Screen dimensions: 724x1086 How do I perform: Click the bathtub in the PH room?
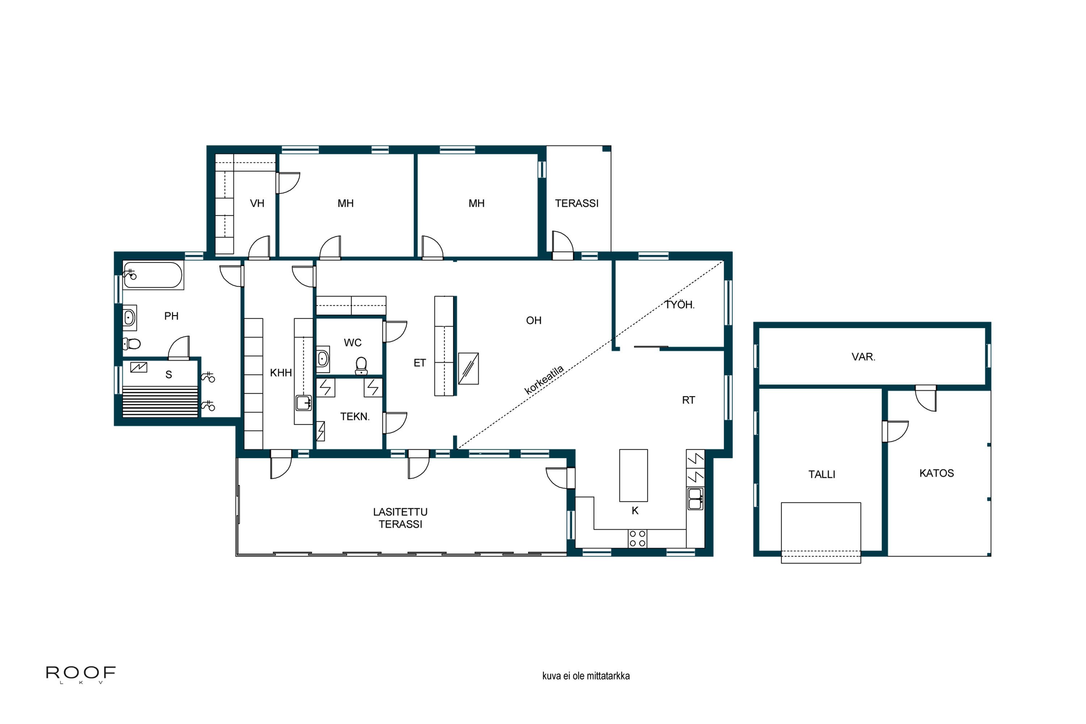[x=153, y=275]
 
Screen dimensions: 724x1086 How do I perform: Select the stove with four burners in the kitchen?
[x=637, y=538]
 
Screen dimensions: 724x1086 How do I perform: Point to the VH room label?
[x=257, y=203]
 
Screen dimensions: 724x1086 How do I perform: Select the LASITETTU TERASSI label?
[x=400, y=518]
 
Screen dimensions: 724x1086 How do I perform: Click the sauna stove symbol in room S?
[x=139, y=367]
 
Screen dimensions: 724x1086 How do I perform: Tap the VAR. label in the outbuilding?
[x=863, y=357]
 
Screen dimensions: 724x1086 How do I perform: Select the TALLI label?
[x=821, y=474]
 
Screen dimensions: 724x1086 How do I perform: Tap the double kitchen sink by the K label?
[x=695, y=499]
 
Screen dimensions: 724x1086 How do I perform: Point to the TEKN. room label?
[x=355, y=417]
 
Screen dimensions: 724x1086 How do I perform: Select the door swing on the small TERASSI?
[x=563, y=243]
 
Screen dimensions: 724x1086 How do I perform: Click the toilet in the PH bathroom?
[x=132, y=344]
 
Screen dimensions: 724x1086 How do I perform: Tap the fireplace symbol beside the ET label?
[x=468, y=369]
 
